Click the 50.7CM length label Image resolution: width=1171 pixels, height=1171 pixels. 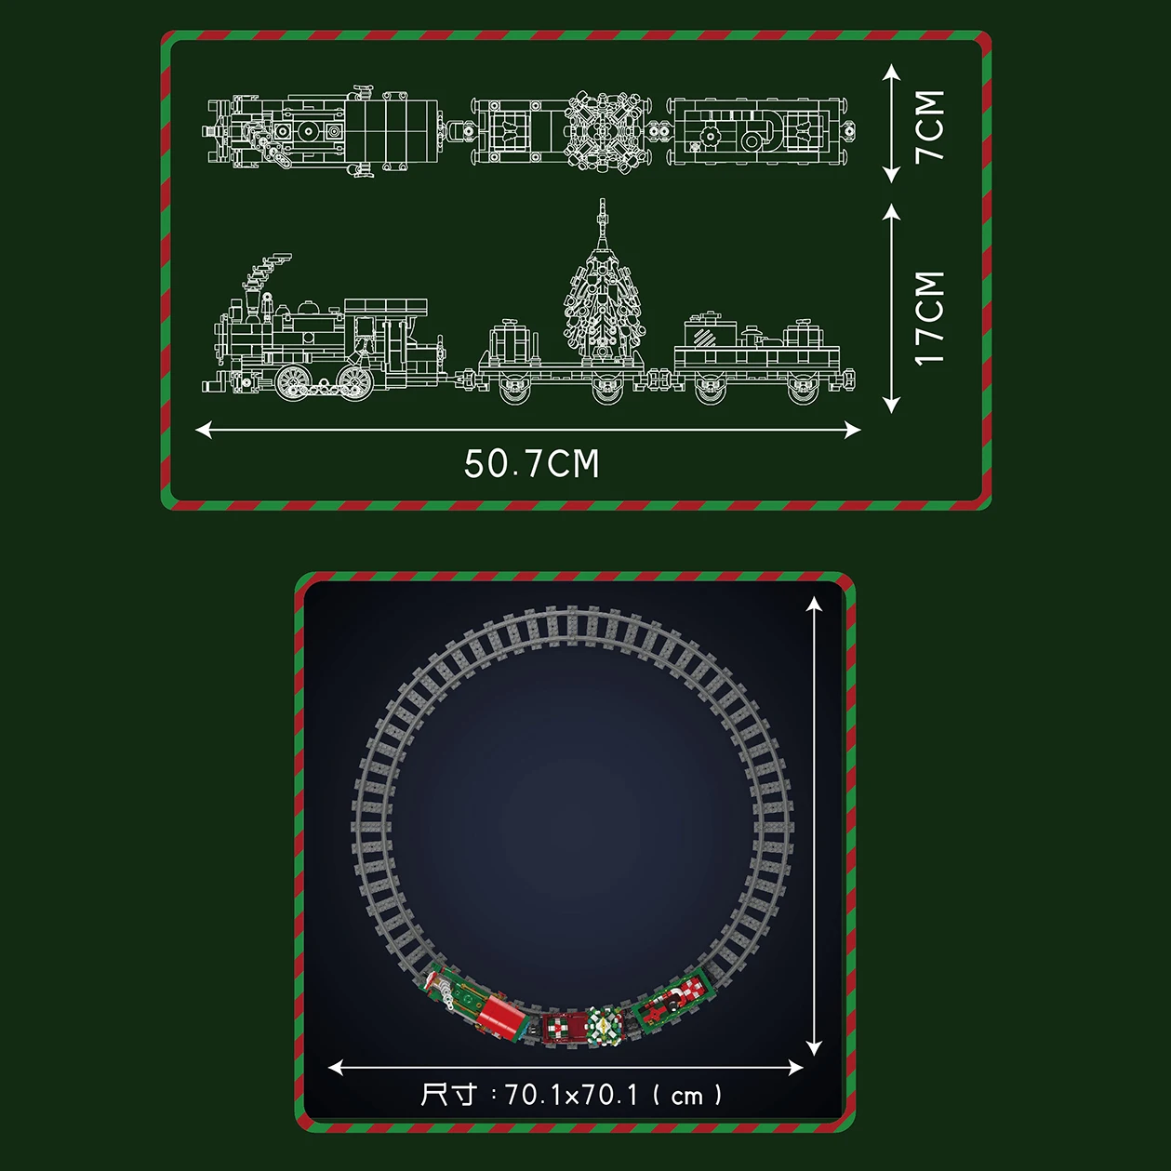[x=532, y=464]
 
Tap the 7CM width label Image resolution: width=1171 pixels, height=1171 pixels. [x=930, y=126]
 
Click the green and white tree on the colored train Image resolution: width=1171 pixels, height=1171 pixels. [x=604, y=1027]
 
